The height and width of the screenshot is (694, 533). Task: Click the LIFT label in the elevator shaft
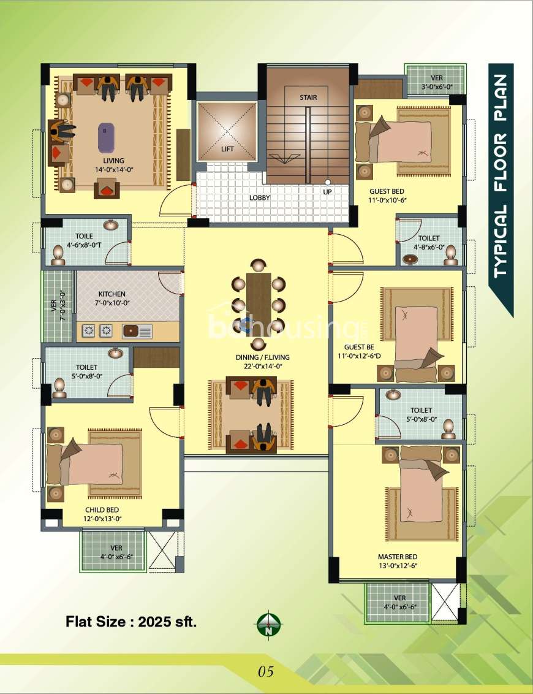click(x=227, y=149)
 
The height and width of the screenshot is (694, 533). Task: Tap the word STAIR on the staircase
click(x=308, y=97)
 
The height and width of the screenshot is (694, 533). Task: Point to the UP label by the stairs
click(x=327, y=192)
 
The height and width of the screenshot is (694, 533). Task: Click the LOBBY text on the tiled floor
click(x=260, y=197)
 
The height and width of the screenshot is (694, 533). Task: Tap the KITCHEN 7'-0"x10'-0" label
click(x=112, y=299)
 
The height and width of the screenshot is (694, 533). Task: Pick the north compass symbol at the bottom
click(x=268, y=624)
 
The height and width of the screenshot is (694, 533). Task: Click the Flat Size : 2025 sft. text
click(x=131, y=622)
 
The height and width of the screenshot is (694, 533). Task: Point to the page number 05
click(x=266, y=671)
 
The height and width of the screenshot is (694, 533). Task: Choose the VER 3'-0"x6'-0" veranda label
click(x=437, y=82)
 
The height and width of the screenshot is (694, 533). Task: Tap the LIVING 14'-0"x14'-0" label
click(x=114, y=165)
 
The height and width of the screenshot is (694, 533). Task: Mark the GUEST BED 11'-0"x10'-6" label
click(x=387, y=195)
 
